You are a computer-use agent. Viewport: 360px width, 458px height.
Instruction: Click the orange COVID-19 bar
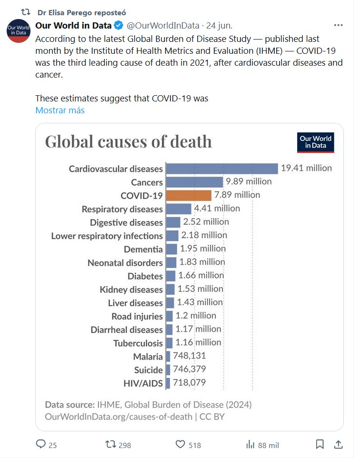click(x=189, y=195)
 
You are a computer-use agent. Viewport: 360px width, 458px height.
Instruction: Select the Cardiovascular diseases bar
click(x=222, y=169)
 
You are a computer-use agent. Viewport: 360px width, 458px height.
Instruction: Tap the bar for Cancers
click(x=194, y=182)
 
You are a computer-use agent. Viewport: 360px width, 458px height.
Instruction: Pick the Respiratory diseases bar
click(x=179, y=209)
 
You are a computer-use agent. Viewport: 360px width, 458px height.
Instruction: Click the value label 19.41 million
click(x=306, y=168)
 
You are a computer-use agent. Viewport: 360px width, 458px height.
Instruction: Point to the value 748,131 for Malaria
click(x=189, y=356)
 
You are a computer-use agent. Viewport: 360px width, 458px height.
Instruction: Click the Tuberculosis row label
click(x=138, y=343)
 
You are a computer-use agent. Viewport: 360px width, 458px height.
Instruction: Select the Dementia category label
click(x=143, y=249)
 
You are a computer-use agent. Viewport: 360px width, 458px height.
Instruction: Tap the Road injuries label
click(x=137, y=316)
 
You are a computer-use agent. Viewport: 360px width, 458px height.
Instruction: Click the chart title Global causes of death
click(x=128, y=142)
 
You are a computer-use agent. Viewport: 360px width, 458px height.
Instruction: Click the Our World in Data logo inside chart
click(x=316, y=142)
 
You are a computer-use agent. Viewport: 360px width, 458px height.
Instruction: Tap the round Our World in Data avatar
click(x=19, y=30)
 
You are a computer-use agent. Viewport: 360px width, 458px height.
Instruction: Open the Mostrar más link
click(x=60, y=110)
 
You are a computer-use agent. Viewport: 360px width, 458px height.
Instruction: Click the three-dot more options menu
click(x=338, y=25)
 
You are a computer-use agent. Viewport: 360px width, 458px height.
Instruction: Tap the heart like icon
click(x=180, y=445)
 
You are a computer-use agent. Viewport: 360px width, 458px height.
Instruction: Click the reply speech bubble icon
click(x=41, y=445)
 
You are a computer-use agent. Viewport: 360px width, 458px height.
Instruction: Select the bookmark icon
click(x=320, y=445)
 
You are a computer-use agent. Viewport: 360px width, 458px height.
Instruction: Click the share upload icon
click(x=338, y=445)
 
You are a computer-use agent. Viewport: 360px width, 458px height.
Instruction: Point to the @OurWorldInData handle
click(x=161, y=25)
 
